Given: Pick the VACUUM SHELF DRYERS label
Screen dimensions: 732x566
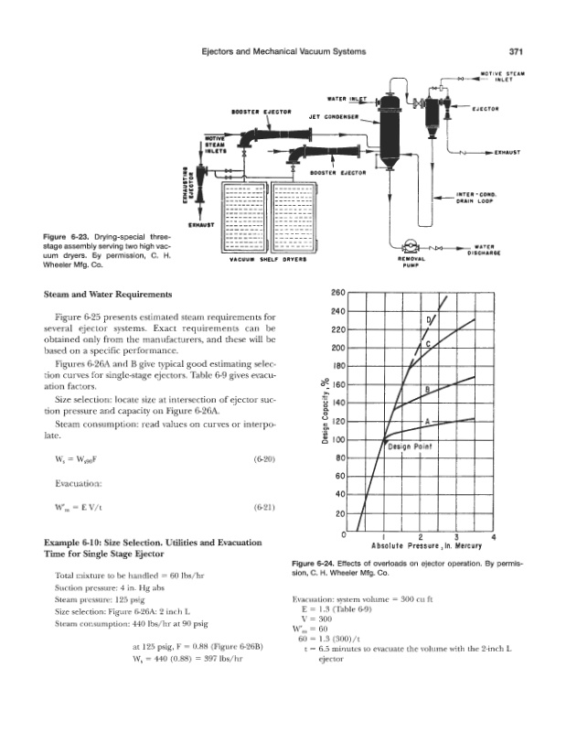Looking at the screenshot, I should [270, 259].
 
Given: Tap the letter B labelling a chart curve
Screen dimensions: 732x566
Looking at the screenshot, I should [427, 389].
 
